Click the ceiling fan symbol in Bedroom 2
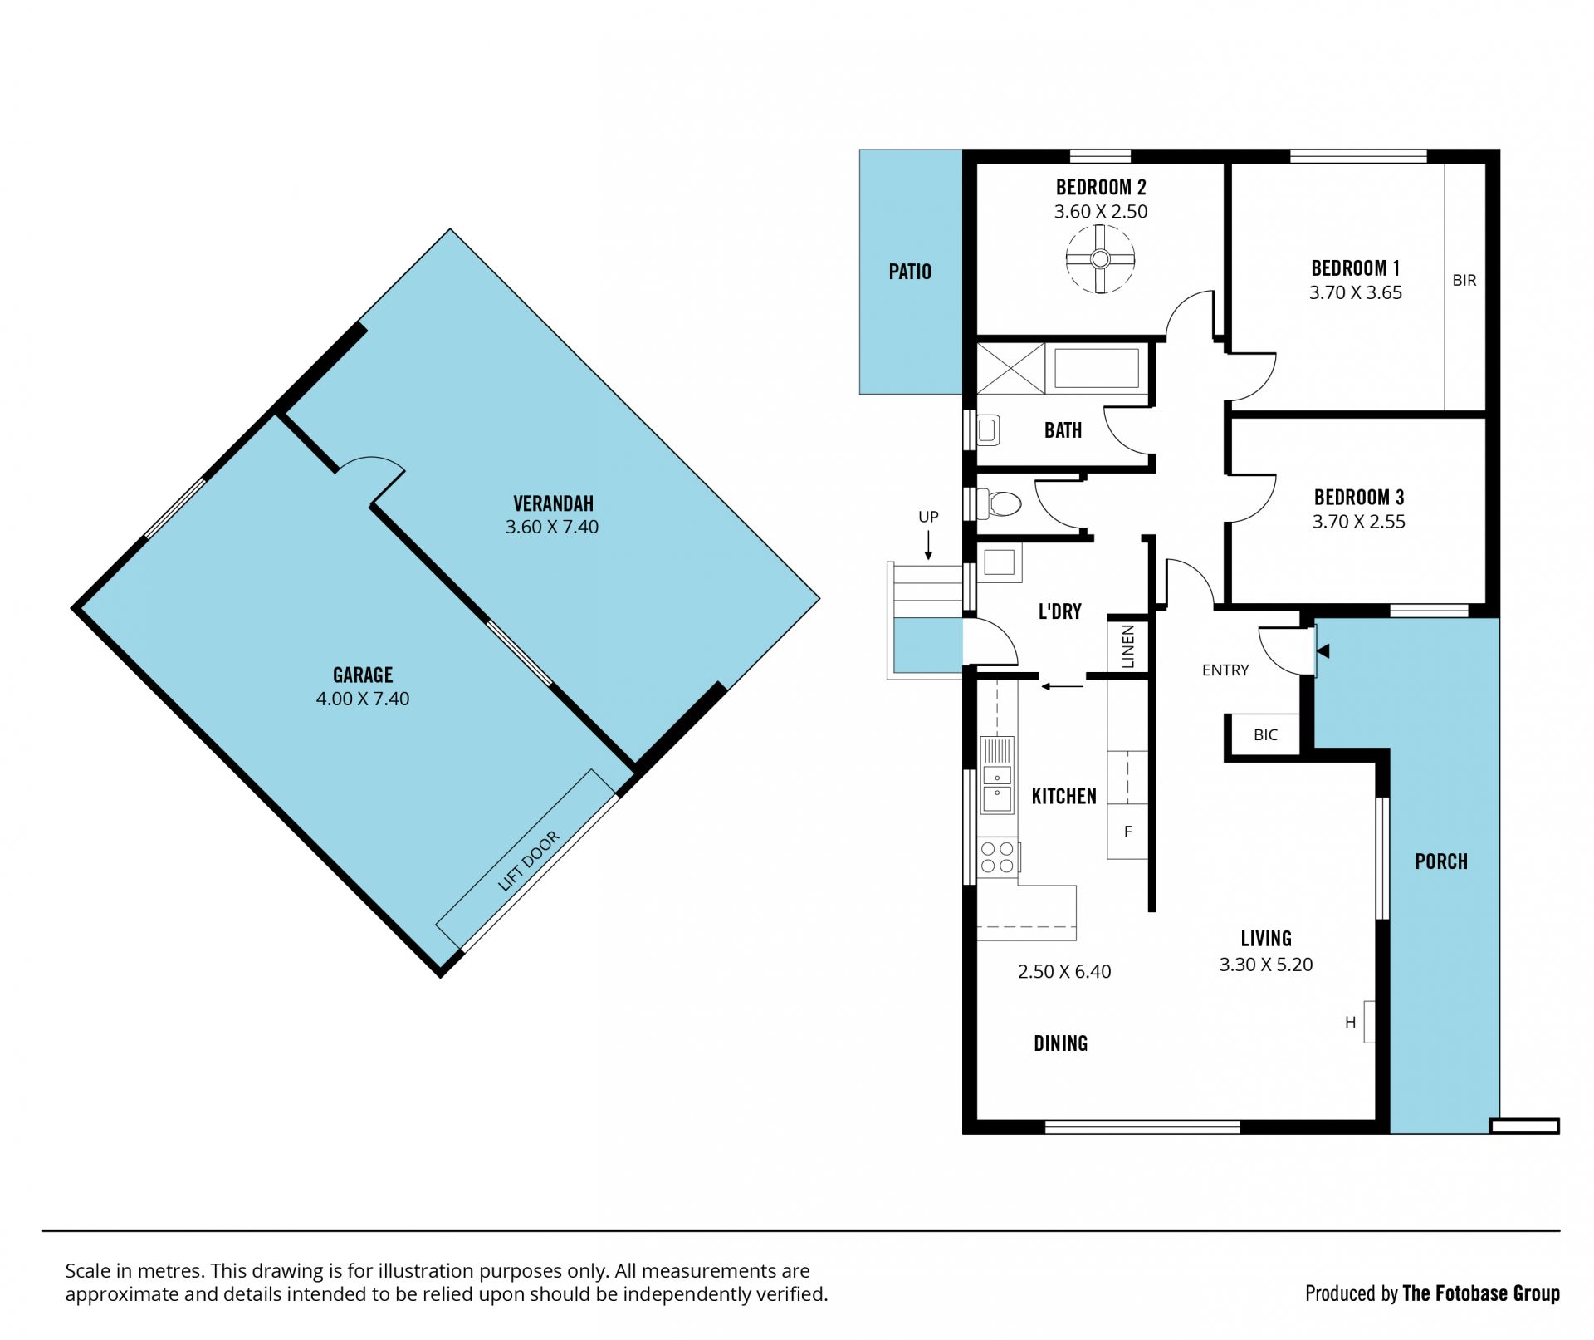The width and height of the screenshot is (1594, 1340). [1100, 259]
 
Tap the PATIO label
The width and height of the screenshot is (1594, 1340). [910, 272]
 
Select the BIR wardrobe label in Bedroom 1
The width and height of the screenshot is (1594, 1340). [1464, 281]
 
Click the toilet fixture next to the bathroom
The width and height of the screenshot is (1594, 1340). [999, 503]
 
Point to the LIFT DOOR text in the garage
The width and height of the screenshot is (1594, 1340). [529, 861]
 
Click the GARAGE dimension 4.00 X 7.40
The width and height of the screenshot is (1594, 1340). [363, 699]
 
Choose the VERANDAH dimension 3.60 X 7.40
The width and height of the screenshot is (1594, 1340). [552, 527]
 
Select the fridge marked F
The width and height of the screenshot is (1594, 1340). [1127, 831]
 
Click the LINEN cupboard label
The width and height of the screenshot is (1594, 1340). [1127, 647]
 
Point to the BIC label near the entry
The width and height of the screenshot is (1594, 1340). [1265, 734]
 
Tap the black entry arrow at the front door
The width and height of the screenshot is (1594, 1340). [1323, 650]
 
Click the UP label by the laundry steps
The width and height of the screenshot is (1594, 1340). [928, 517]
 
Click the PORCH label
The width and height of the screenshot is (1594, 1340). [1441, 861]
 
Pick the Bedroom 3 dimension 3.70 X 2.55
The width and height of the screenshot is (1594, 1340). [1358, 522]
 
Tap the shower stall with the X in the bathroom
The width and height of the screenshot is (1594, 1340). [1010, 368]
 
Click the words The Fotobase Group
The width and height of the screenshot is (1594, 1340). [1481, 1293]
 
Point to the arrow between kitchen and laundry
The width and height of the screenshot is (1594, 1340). [1063, 686]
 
